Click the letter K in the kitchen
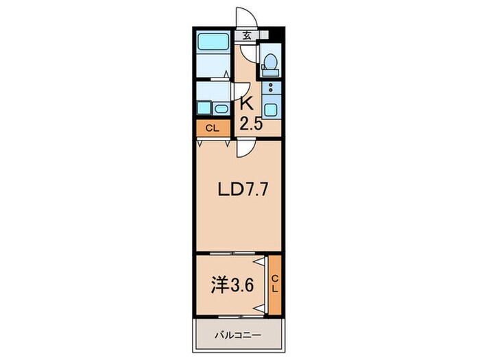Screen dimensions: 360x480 coord(246,105)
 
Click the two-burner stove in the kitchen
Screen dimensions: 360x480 coord(271,88)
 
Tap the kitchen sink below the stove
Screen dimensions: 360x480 coord(271,109)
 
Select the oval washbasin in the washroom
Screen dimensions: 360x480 coord(221,108)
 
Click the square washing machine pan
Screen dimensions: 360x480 coord(203,107)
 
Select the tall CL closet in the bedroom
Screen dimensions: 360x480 coord(274,284)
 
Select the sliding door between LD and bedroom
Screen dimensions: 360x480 coord(230,254)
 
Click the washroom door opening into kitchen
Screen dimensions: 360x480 coord(241,91)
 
